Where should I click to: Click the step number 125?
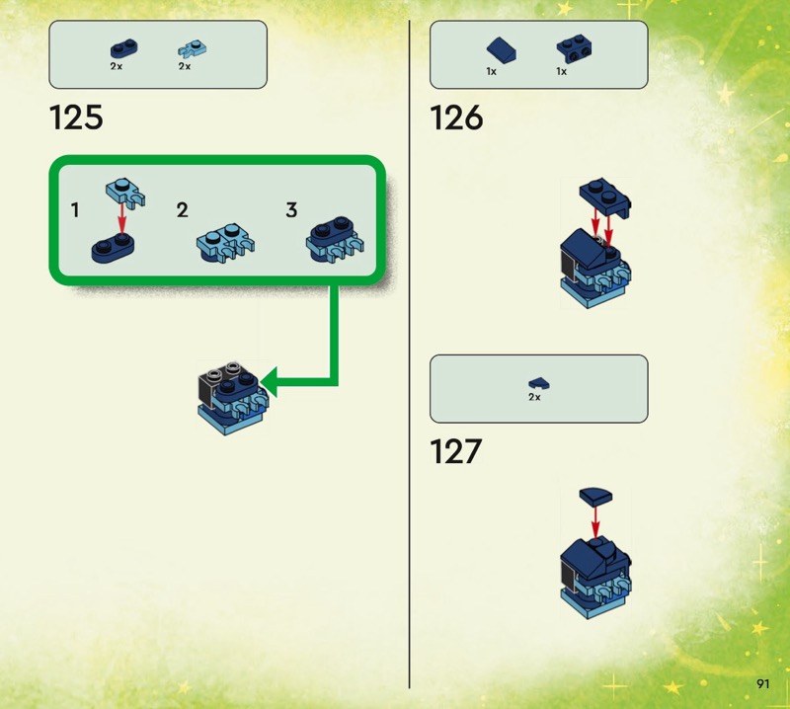(x=76, y=118)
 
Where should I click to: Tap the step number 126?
(x=456, y=118)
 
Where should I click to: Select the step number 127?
(x=456, y=451)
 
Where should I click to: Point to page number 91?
(x=762, y=683)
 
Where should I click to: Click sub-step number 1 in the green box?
(x=75, y=210)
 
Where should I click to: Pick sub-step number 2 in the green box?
(x=183, y=210)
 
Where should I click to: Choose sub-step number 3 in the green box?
(x=291, y=210)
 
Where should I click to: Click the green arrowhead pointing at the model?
(x=269, y=382)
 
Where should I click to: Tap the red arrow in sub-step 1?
(x=121, y=219)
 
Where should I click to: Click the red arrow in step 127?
(x=595, y=522)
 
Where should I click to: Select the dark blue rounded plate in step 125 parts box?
(x=124, y=48)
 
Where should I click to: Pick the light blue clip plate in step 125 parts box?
(x=192, y=49)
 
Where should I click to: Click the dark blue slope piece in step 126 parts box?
(x=502, y=50)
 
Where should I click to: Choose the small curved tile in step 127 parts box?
(x=539, y=384)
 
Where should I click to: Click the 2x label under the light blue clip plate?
(x=185, y=66)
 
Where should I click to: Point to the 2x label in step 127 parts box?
(x=534, y=397)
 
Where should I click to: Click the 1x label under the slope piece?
(x=491, y=72)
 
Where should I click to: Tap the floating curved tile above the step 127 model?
(x=595, y=496)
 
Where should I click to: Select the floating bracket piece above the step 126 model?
(x=605, y=197)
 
